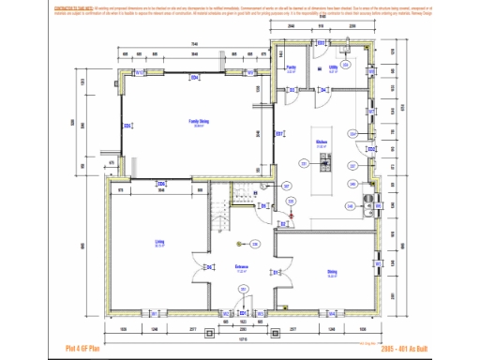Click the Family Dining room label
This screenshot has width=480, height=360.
coord(199,122)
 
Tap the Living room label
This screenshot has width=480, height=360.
coord(159,242)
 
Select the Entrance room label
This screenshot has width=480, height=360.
coord(242,267)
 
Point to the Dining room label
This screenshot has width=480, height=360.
coord(332,272)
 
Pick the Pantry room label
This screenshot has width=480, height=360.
coord(292,68)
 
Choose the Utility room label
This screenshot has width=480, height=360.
coord(334,68)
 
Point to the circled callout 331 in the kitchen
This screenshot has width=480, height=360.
coord(303,163)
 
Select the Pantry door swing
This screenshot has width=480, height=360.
coord(292,93)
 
